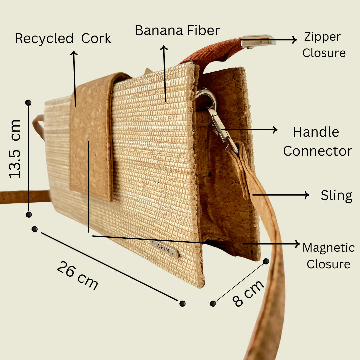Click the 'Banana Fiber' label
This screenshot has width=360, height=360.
(177, 31)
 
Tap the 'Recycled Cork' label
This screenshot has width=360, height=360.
(63, 38)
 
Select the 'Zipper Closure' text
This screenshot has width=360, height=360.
(324, 45)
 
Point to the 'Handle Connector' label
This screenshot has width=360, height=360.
(318, 141)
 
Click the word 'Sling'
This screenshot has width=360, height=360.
(336, 196)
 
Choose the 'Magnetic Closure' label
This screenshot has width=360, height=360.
(329, 256)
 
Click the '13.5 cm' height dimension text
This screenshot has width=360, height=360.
(14, 149)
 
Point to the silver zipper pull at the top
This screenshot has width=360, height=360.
(258, 41)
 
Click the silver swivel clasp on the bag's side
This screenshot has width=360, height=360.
(216, 119)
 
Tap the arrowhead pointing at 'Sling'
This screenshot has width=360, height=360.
(307, 195)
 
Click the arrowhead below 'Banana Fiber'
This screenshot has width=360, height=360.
(164, 47)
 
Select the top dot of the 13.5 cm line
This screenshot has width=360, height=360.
(28, 103)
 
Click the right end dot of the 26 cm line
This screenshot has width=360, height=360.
(182, 304)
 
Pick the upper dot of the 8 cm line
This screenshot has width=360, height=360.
(266, 261)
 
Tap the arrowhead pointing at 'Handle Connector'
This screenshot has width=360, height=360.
(275, 130)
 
